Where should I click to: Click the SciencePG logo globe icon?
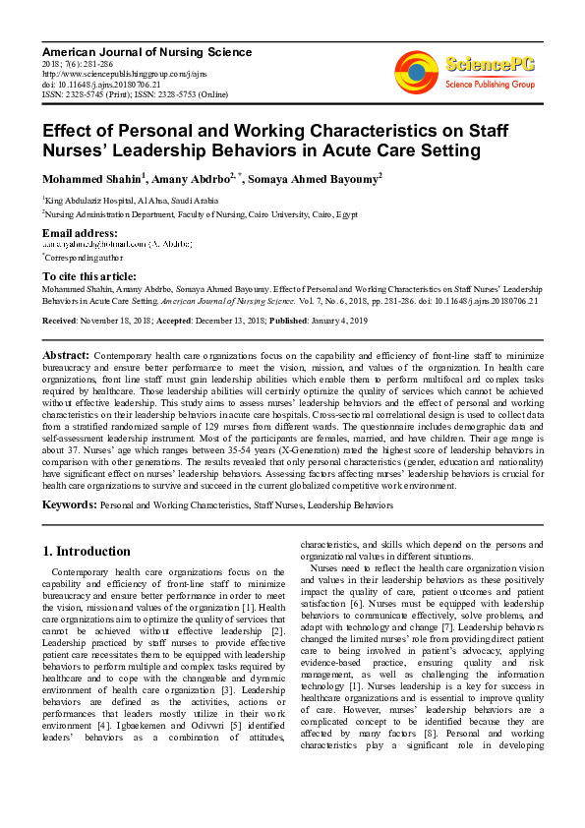tap(417, 72)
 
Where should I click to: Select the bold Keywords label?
tap(69, 504)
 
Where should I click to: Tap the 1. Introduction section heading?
tap(88, 552)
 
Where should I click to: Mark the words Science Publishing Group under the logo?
tap(488, 86)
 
